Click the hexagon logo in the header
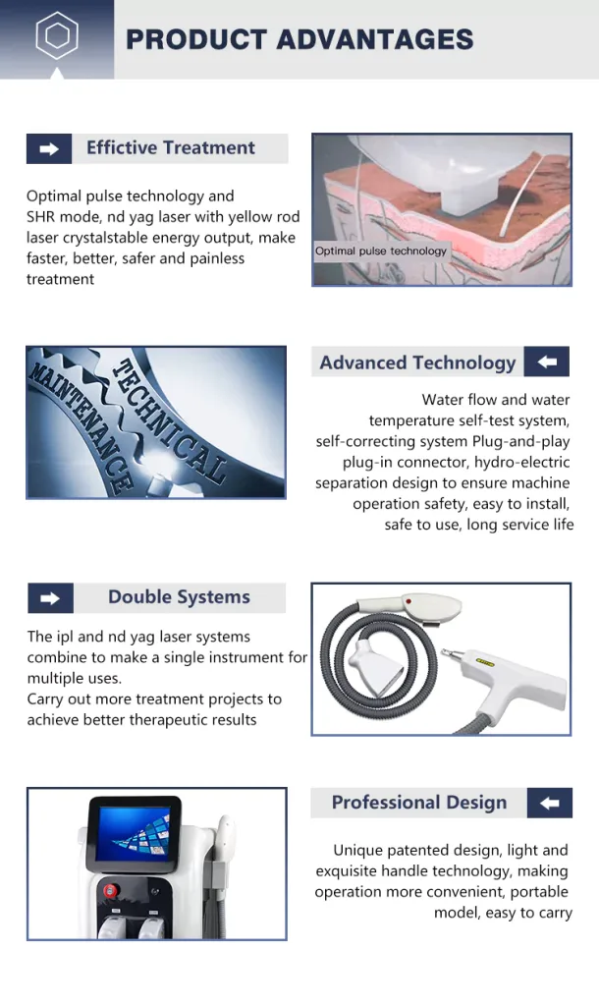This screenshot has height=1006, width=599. pos(56,35)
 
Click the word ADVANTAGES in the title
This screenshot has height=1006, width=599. pos(375,39)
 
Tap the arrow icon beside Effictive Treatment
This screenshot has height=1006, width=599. pos(49,149)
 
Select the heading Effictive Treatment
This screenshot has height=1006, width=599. pos(171,147)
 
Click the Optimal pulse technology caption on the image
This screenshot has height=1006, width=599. pos(381,251)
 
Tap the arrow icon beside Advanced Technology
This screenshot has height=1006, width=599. pos(546,362)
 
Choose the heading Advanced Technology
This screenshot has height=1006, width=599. pos(417,363)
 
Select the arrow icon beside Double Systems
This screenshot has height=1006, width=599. pos(50,598)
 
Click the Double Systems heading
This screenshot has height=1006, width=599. pos(179,596)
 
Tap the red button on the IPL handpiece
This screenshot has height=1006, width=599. pos(408,602)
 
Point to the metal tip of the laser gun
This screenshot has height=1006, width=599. pos(449,654)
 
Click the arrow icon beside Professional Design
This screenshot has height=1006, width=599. pos(550,803)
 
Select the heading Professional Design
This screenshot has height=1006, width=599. pos(418,802)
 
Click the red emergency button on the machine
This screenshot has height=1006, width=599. pos(112,891)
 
